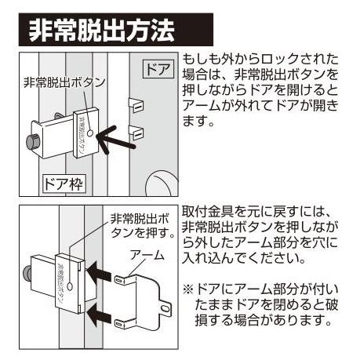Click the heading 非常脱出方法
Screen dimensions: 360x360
(x=101, y=30)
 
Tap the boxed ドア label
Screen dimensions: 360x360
(x=158, y=69)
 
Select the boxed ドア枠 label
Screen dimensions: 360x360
(x=64, y=184)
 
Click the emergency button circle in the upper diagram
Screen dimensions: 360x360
(x=90, y=133)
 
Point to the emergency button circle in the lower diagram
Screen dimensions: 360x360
(x=70, y=285)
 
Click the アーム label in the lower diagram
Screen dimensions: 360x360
(x=147, y=255)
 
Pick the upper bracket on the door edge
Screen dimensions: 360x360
(x=136, y=105)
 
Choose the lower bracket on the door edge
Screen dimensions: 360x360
(x=136, y=133)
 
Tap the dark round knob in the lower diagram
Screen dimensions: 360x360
(x=27, y=275)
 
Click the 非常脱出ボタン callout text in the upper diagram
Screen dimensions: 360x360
(x=64, y=82)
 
